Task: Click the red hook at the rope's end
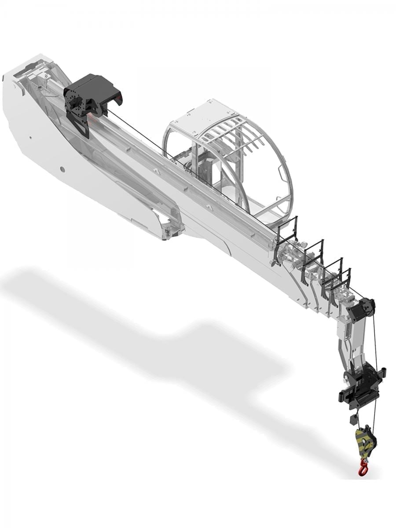363,467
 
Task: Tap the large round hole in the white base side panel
62,169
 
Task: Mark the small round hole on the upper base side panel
31,137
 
